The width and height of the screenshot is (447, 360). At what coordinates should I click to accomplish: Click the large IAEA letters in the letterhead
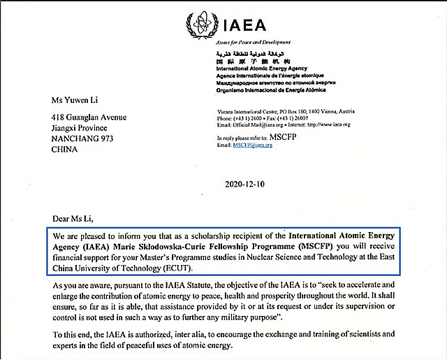(x=244, y=26)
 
